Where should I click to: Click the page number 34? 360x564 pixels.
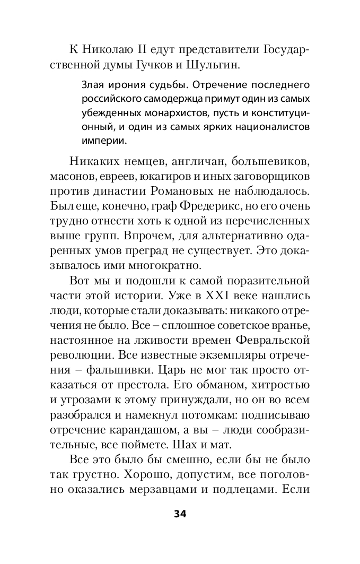click(x=180, y=515)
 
